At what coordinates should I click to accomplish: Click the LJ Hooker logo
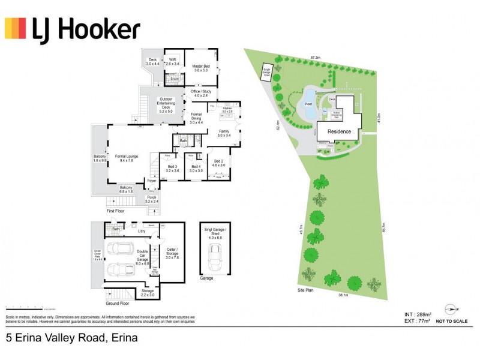click(73, 29)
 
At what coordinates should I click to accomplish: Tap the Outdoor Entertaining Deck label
click(166, 105)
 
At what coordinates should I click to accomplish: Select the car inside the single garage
click(215, 259)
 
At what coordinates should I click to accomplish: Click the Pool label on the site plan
click(309, 104)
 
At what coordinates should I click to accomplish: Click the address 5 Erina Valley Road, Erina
click(71, 338)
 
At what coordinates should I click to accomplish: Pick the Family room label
click(224, 133)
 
